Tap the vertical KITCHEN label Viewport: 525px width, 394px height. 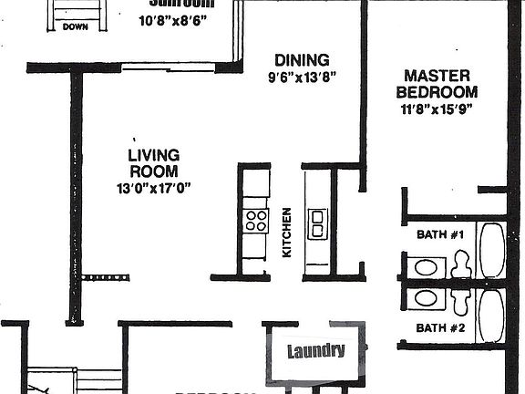286,232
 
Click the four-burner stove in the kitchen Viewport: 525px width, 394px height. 256,220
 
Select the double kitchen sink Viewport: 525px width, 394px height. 317,223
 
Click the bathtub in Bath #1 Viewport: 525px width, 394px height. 491,250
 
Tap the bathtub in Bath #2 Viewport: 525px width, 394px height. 491,315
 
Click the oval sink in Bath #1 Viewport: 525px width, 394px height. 425,267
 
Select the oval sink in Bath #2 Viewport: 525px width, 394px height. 425,298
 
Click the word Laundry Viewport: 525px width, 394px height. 316,351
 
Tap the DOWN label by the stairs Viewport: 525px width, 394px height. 76,27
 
